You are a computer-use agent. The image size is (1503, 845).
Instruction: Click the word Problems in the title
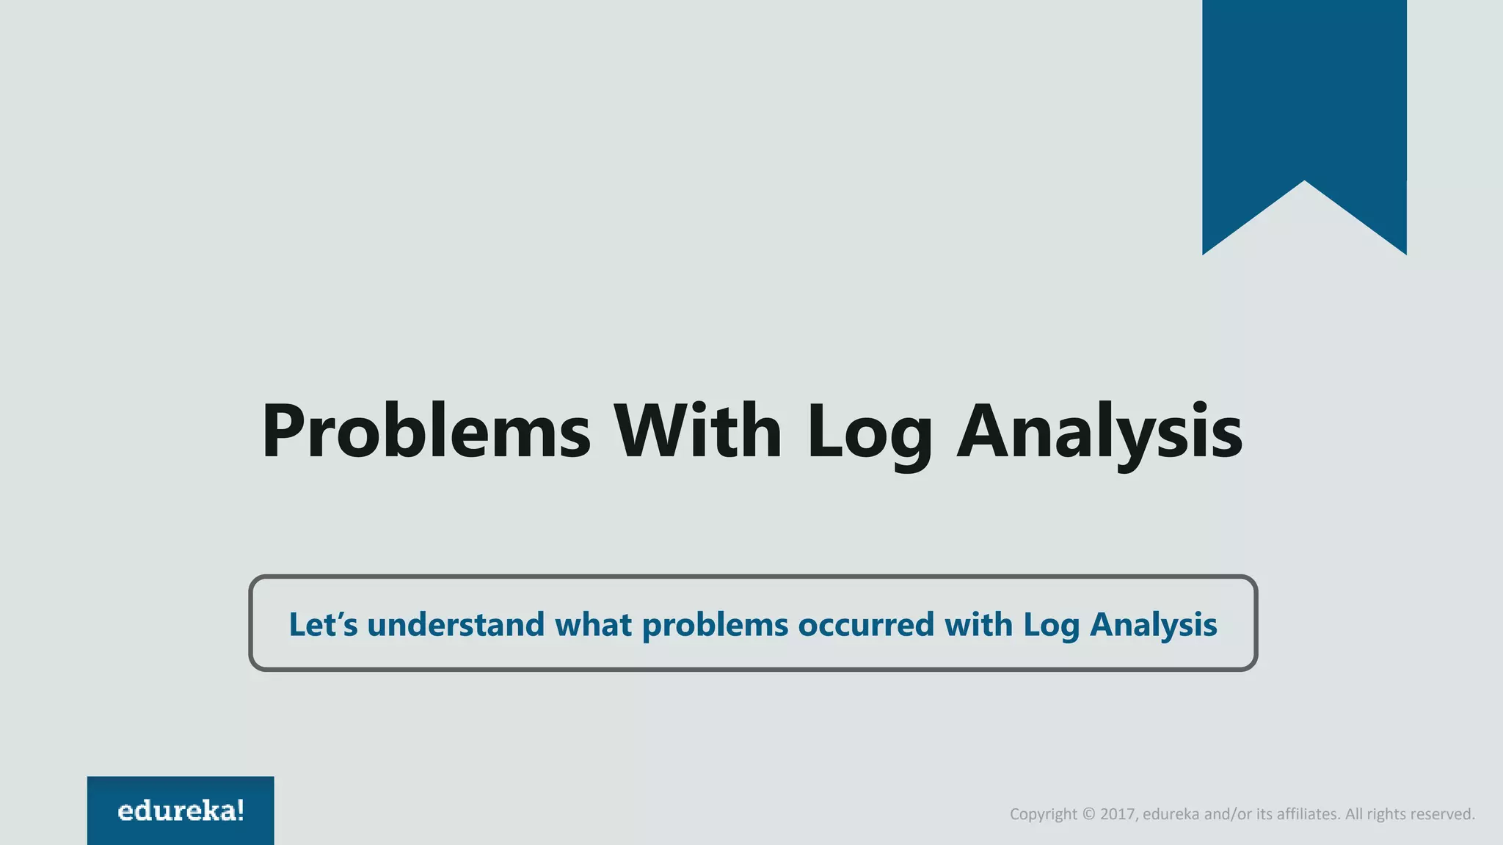click(426, 433)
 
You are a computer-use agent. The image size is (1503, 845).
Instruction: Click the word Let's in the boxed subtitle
click(323, 625)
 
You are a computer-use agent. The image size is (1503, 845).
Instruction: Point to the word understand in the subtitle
click(456, 625)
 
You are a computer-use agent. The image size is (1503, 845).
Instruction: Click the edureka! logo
click(181, 811)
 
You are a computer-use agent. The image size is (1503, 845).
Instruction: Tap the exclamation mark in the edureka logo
click(241, 810)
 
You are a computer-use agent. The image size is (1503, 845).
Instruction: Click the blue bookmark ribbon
click(1304, 95)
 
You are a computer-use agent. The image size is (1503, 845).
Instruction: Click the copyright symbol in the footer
click(1088, 814)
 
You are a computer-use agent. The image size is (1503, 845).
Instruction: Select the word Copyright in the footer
click(1044, 815)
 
